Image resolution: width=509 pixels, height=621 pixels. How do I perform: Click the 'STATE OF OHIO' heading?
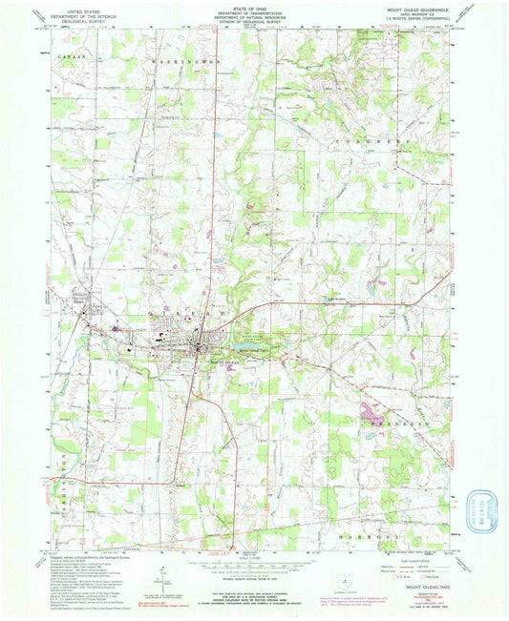coord(253,7)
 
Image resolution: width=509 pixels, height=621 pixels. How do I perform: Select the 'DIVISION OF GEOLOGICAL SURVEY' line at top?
coord(253,26)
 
